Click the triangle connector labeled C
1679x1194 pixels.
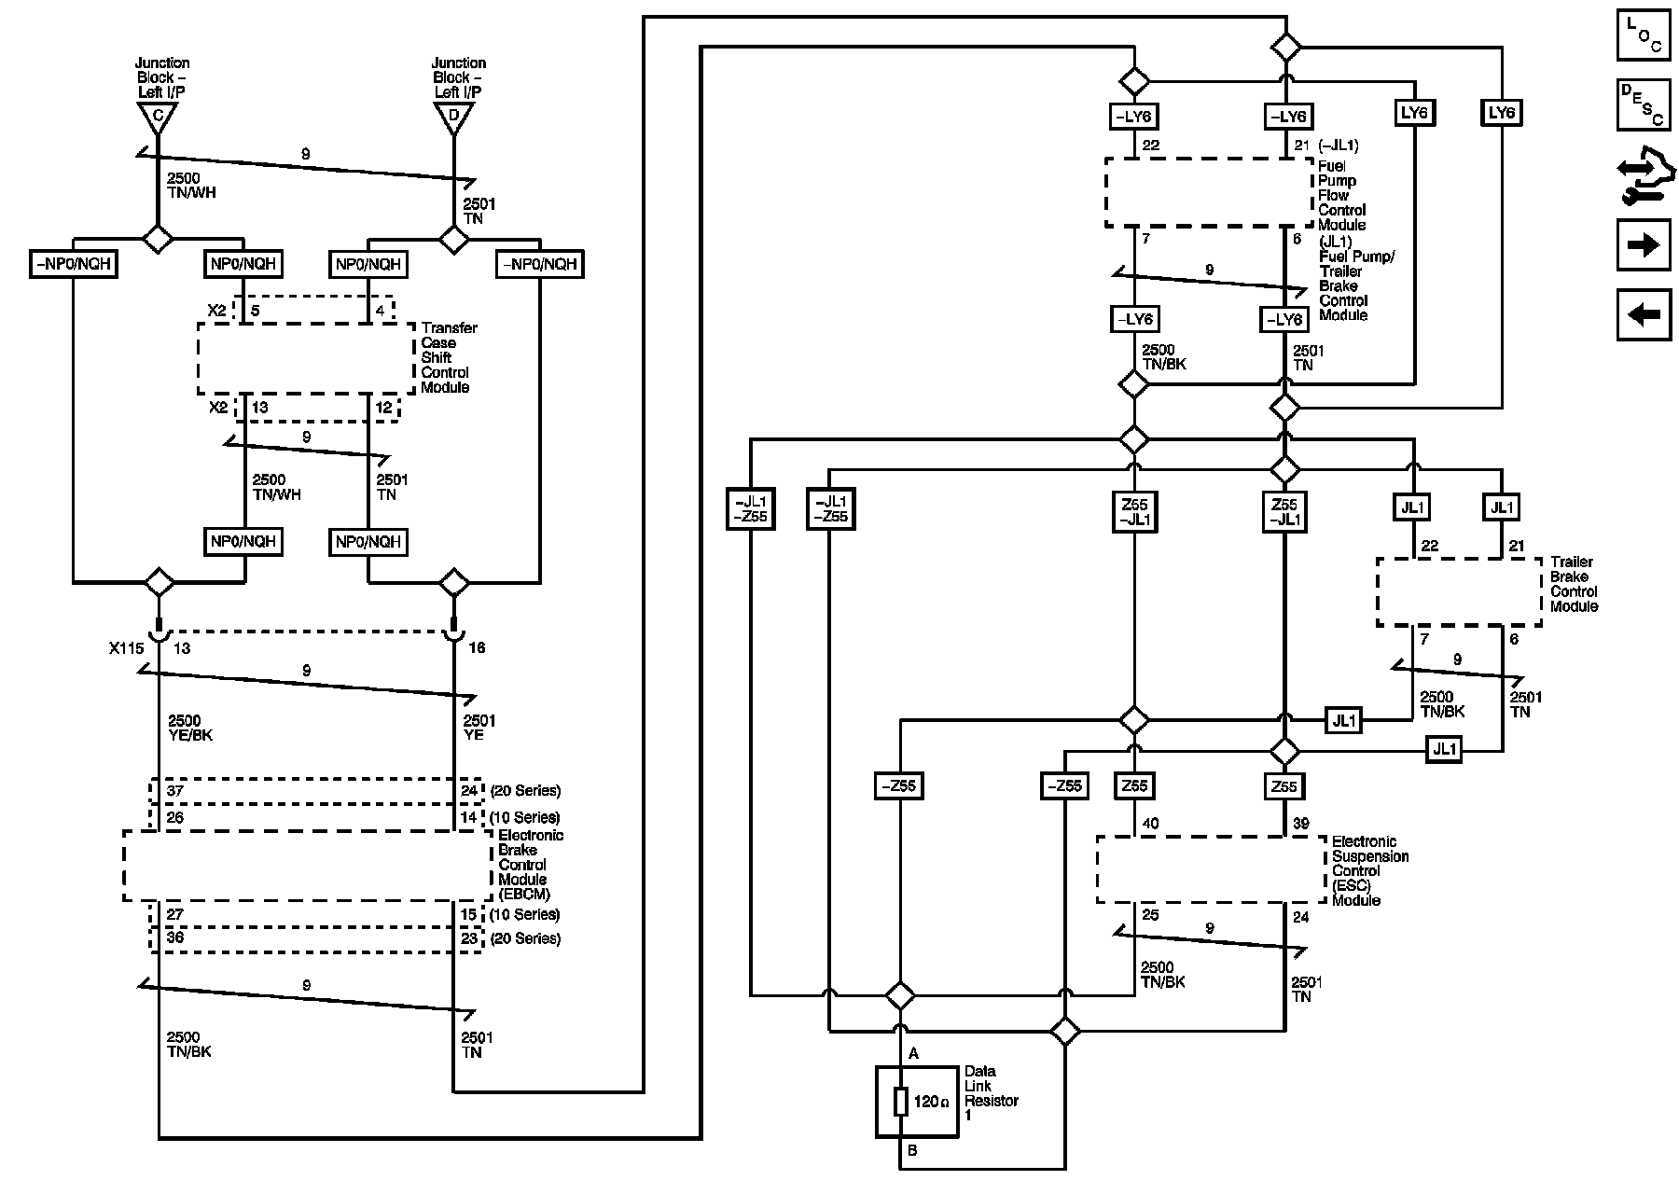(157, 117)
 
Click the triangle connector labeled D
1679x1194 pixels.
(453, 117)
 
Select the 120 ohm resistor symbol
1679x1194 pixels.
(901, 1102)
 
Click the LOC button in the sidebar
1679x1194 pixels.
(1644, 35)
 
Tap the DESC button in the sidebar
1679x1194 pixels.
(1644, 104)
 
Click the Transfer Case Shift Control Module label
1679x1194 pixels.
(449, 357)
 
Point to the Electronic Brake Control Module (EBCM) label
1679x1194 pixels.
(531, 865)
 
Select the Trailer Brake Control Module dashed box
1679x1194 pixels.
(1459, 592)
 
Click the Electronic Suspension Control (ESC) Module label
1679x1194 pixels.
(1369, 871)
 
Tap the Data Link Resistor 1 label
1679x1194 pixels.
(991, 1093)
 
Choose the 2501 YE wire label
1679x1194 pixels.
(479, 728)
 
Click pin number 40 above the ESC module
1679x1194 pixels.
(1150, 824)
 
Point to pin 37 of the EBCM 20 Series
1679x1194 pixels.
(175, 791)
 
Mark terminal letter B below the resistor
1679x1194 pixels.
(912, 1150)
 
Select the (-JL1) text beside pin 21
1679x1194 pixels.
(1339, 145)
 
